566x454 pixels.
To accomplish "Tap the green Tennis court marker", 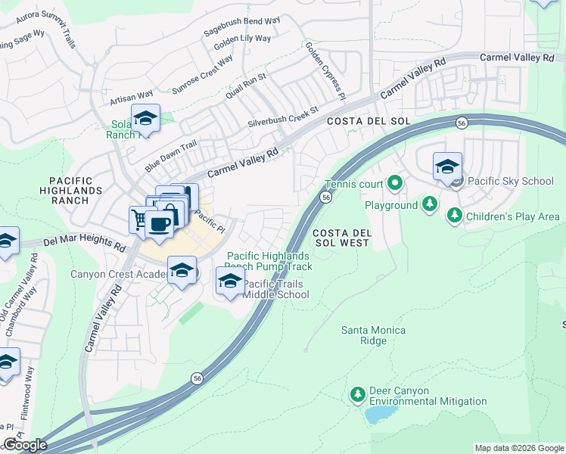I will click(x=394, y=183).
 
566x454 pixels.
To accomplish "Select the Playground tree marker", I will click(x=430, y=204).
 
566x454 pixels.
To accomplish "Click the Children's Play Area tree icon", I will click(x=454, y=216).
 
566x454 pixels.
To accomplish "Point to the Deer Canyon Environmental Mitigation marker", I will click(x=357, y=394).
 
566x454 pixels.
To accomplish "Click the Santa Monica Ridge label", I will click(x=373, y=335).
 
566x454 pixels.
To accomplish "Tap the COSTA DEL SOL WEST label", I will click(x=341, y=237).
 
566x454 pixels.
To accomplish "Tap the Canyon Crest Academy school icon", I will click(x=182, y=271).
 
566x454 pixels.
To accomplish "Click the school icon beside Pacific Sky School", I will click(x=447, y=166).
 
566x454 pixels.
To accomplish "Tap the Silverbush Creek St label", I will click(x=283, y=118).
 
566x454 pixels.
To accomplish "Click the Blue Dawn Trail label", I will click(x=171, y=155).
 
